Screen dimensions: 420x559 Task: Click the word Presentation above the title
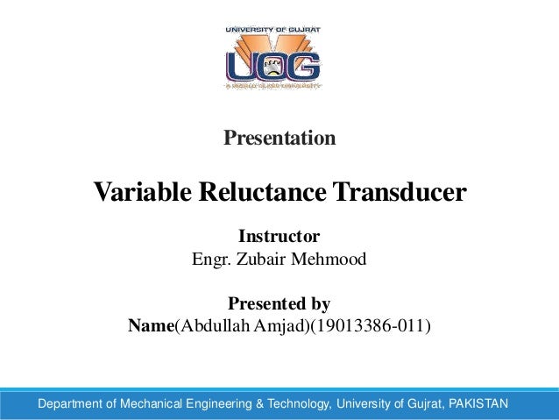(x=279, y=139)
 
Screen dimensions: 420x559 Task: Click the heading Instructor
(x=279, y=237)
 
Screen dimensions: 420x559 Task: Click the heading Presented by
(x=279, y=305)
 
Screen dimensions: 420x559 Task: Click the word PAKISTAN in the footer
(x=478, y=404)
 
